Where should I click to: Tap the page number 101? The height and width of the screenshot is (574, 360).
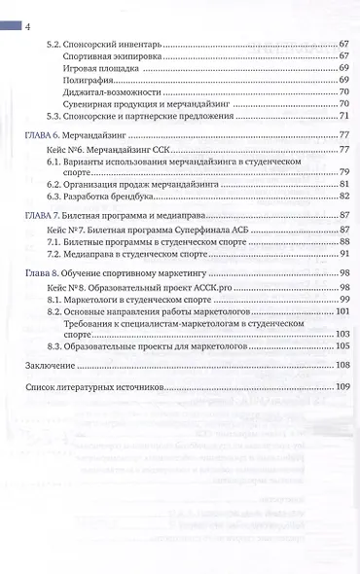coord(342,312)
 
